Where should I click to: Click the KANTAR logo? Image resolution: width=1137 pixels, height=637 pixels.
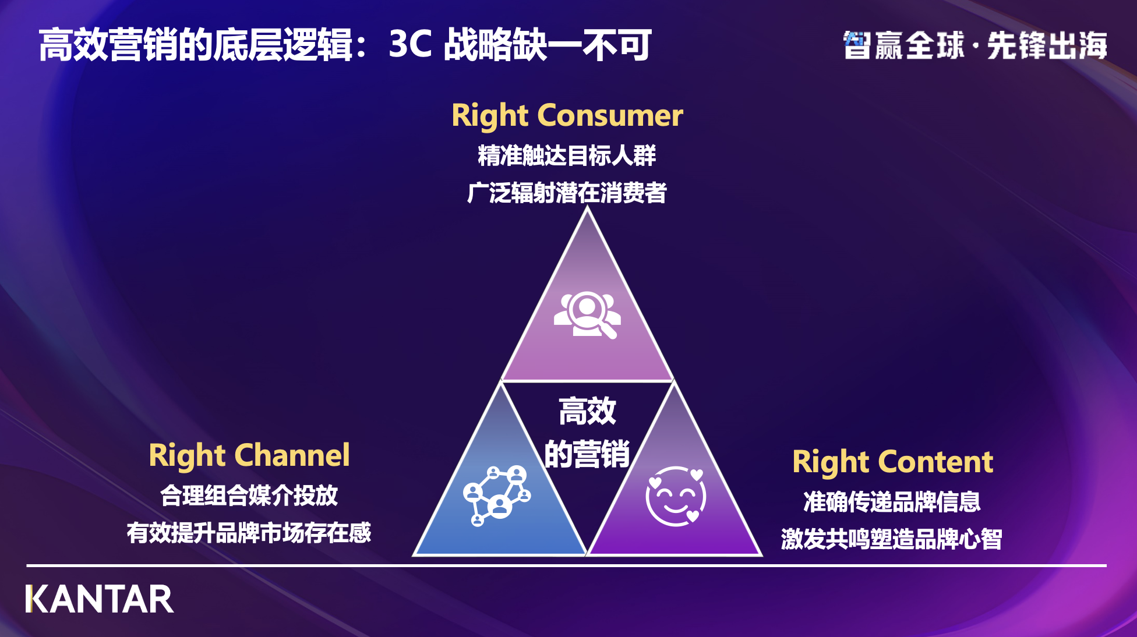[100, 599]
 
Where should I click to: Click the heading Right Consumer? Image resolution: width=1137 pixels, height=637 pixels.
[567, 115]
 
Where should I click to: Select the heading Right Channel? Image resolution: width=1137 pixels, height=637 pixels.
[249, 455]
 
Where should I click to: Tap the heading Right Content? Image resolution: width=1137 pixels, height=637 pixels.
[892, 462]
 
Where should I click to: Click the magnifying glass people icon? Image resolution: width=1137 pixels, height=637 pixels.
[587, 314]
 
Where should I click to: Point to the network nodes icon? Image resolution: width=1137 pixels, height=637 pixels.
[497, 496]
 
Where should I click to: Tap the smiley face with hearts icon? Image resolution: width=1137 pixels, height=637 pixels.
[676, 496]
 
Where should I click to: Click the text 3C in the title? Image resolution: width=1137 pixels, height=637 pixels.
[410, 44]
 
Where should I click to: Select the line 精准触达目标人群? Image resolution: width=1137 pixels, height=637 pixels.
[566, 155]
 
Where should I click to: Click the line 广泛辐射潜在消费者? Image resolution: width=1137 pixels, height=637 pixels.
[566, 193]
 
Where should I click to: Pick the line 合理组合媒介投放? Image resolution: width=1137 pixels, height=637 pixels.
[249, 496]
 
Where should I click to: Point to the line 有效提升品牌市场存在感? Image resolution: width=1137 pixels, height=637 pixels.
[249, 533]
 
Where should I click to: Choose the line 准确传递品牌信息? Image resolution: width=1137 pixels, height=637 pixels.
[892, 502]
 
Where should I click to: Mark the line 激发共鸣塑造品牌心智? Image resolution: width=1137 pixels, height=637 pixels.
[892, 539]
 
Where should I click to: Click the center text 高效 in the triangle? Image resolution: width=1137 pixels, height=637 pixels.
[587, 411]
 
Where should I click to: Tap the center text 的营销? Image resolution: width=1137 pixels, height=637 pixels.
[587, 454]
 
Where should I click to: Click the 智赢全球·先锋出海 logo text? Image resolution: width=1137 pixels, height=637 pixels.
[975, 45]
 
